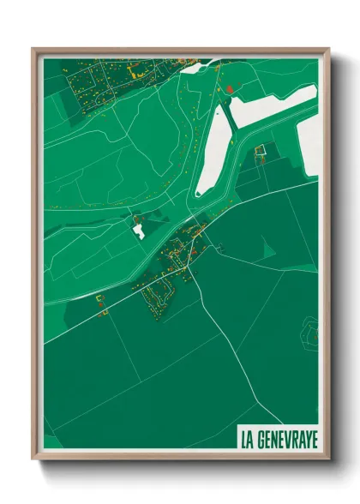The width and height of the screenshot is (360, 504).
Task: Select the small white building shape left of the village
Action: coord(138,229)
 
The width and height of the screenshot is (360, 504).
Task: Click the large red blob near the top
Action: coord(229,87)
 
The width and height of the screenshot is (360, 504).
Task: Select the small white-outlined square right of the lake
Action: coord(262,152)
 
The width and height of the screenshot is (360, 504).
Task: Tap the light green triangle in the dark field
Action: coord(270,249)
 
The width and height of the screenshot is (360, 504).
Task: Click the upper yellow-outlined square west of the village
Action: coord(99,298)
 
